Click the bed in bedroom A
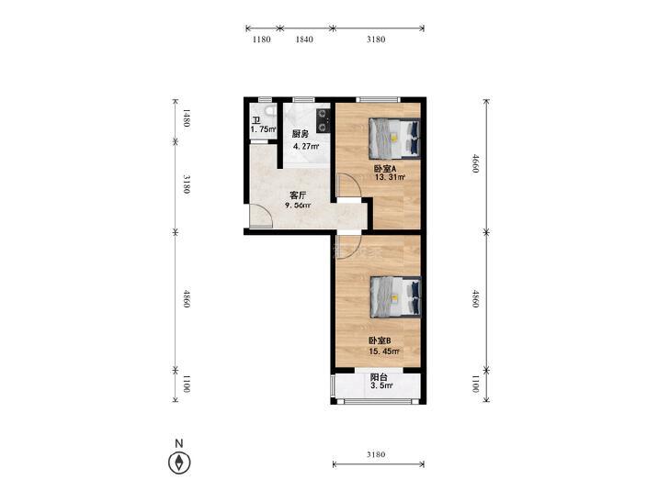tap(394, 139)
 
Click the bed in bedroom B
tap(396, 296)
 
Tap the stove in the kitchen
tap(323, 121)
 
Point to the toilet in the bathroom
tap(268, 110)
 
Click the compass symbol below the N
tap(179, 463)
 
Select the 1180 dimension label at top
tap(262, 39)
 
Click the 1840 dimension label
tap(304, 39)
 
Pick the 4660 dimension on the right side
tap(475, 163)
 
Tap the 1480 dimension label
tap(187, 118)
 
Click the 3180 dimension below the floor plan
tap(376, 454)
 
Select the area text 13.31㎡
tap(390, 177)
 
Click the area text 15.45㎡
tap(384, 351)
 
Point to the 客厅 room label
tap(298, 195)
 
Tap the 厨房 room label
tap(300, 134)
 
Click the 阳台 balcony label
tap(379, 377)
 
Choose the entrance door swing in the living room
tap(261, 216)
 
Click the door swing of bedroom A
tap(349, 185)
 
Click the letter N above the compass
tap(179, 443)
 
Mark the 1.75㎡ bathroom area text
tap(263, 129)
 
